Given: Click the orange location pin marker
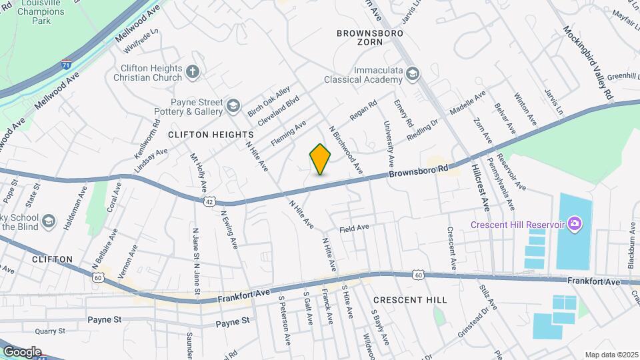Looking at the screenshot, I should tap(321, 159).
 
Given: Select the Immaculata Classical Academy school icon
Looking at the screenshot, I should tap(412, 73).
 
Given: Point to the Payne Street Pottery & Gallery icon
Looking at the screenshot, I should tap(233, 106).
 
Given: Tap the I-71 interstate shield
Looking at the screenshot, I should tap(66, 65).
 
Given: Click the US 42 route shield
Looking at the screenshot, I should tap(209, 200).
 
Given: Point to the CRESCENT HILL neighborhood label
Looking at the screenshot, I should tap(410, 301).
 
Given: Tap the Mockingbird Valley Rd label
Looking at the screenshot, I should tap(587, 63).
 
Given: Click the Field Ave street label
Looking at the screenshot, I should tap(354, 228).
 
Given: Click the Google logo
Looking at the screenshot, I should tap(21, 351).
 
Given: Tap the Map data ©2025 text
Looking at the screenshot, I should tap(611, 355).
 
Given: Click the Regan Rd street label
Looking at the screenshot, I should tap(363, 111).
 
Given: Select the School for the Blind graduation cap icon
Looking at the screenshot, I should tap(49, 220).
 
